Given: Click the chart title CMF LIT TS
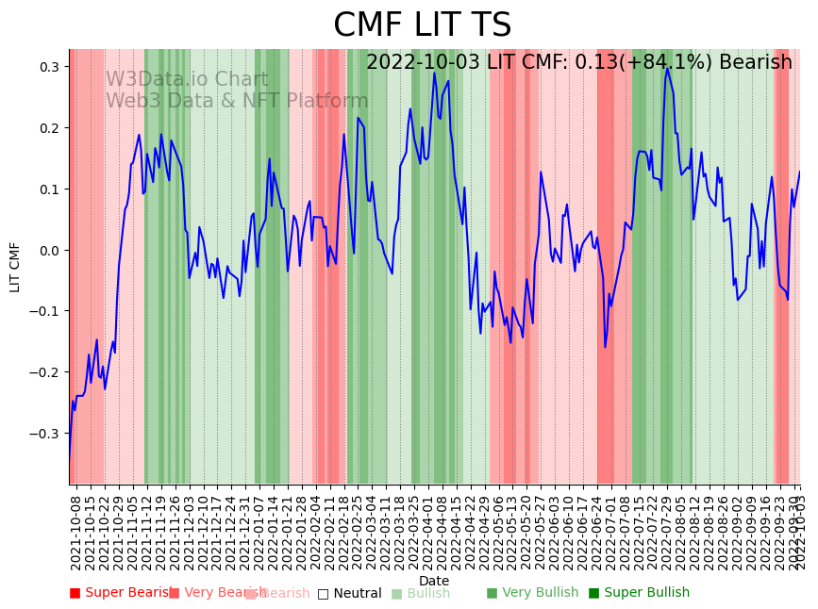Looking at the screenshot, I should click(422, 25).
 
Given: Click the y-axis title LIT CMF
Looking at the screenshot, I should click(15, 267).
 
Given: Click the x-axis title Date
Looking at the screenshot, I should click(434, 581).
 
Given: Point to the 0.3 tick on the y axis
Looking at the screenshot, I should click(49, 67).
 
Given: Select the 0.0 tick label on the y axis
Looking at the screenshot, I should click(49, 250).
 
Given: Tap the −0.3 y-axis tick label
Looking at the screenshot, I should click(45, 434).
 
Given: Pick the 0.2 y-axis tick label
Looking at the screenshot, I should click(49, 128).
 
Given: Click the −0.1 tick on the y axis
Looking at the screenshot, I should click(45, 311).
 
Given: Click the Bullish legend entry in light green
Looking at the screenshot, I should click(427, 593).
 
